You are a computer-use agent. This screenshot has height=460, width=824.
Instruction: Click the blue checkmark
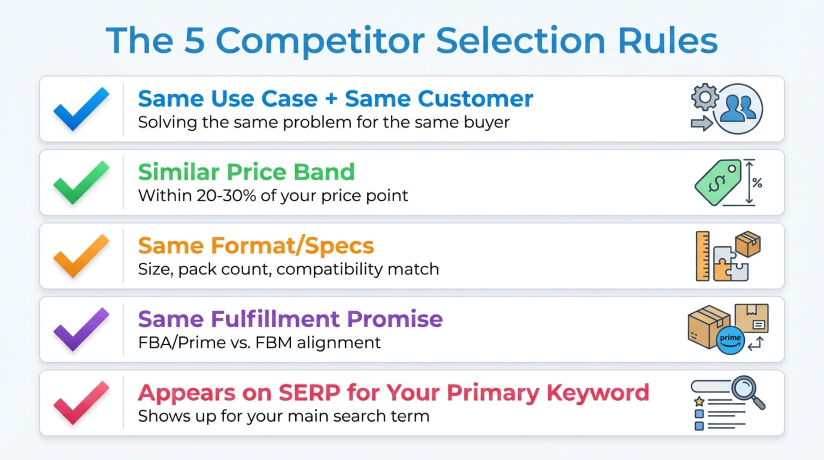[x=81, y=109]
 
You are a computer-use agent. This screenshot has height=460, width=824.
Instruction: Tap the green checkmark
[x=81, y=182]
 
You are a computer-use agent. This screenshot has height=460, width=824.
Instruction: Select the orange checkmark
[x=81, y=256]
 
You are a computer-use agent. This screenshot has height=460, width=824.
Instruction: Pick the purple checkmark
[x=81, y=329]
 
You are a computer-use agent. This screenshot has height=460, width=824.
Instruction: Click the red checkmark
[x=81, y=403]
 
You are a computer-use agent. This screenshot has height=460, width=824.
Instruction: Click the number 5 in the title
[x=194, y=41]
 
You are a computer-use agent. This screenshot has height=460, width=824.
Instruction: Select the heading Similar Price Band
[x=246, y=172]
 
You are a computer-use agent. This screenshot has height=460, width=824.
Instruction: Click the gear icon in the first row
[x=705, y=97]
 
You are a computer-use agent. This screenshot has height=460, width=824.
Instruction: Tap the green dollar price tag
[x=719, y=182]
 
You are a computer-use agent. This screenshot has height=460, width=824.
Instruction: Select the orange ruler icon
[x=702, y=256]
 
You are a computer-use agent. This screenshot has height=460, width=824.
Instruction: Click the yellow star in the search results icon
[x=699, y=401]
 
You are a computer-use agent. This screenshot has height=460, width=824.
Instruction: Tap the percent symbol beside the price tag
[x=757, y=183]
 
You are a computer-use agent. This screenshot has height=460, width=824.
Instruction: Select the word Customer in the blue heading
[x=475, y=99]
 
